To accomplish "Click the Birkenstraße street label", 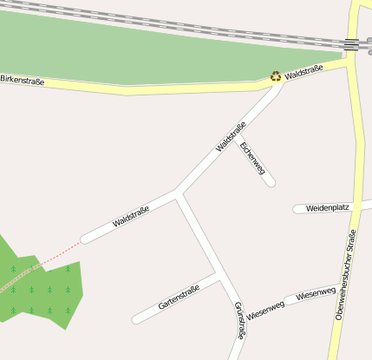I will click(23, 80).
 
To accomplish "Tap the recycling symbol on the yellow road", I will click(276, 76).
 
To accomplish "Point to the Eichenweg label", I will click(252, 158).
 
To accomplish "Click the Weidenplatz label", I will click(327, 208).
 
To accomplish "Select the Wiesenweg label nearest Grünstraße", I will click(265, 309).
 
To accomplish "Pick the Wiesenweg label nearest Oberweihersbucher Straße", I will click(316, 295).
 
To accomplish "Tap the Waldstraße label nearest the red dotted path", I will click(131, 217).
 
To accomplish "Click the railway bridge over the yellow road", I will click(351, 44).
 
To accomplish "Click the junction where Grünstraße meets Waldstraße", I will click(178, 192).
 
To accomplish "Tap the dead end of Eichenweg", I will click(271, 182).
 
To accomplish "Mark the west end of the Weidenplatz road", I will click(298, 209).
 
